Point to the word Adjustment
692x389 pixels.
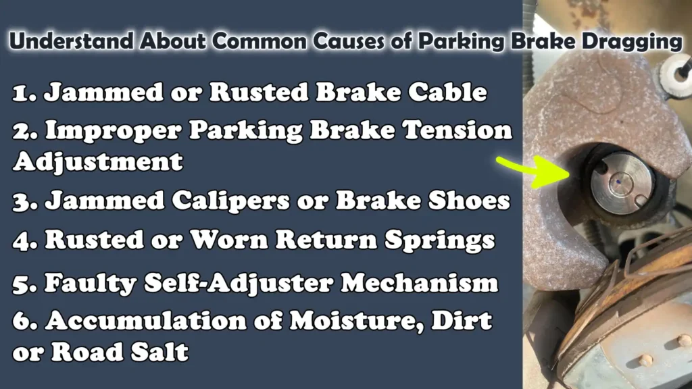[97, 161]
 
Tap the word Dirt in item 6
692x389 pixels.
[468, 321]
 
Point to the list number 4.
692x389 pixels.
[23, 240]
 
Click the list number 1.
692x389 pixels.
[23, 93]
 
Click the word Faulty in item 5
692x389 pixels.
[89, 283]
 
